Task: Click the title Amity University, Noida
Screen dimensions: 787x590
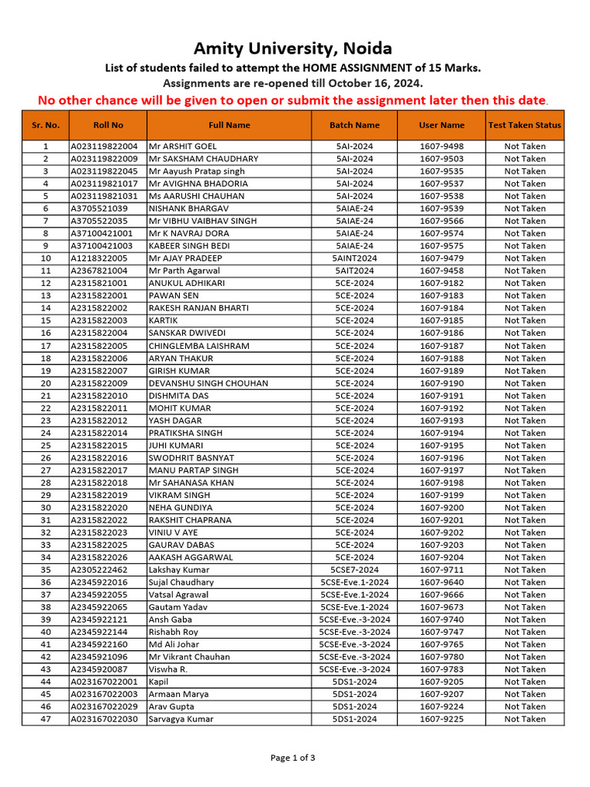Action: (293, 48)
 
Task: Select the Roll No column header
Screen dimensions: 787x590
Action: (108, 125)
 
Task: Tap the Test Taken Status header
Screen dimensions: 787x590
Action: (525, 125)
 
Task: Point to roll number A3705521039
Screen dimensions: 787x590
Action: (99, 208)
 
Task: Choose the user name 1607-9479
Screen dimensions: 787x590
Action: (442, 258)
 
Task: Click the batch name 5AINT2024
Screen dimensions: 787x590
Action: (354, 258)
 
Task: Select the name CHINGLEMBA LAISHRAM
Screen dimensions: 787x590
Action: (199, 346)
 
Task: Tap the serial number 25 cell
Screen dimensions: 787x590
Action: (45, 446)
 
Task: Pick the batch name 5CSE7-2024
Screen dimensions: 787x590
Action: (354, 570)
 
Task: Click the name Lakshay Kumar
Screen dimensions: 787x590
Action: (179, 570)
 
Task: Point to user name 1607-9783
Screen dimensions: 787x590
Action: (442, 669)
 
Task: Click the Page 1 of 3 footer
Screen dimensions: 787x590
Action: (293, 758)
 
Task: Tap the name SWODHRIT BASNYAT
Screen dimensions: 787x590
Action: (193, 458)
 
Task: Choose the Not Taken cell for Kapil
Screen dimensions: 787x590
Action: (525, 682)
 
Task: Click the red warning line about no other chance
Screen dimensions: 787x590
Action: (293, 100)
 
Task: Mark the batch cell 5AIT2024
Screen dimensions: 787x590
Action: (354, 271)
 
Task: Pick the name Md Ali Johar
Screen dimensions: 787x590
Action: (174, 645)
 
